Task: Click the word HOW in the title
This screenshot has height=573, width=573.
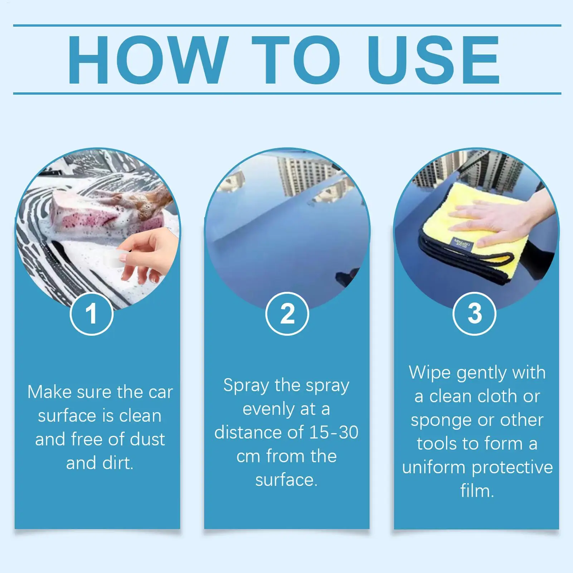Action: click(148, 59)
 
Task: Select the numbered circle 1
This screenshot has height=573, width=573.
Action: click(92, 314)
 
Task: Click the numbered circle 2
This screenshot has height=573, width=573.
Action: click(287, 314)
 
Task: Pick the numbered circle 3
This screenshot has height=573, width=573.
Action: click(475, 314)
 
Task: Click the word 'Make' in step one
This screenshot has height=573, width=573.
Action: click(50, 392)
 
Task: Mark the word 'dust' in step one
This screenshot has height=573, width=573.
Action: click(147, 439)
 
